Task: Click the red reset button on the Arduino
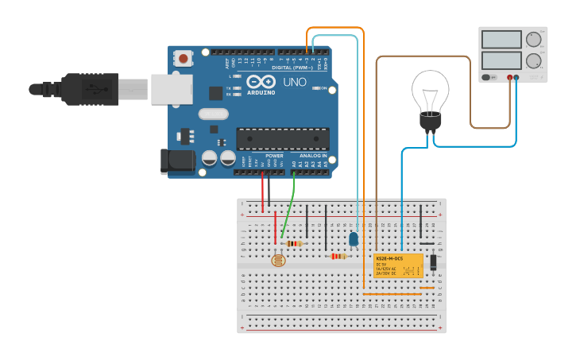(184, 58)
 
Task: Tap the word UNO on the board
(295, 82)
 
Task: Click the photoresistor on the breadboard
(278, 260)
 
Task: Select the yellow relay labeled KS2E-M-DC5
(398, 265)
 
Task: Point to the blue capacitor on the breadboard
(354, 238)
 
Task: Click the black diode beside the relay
(433, 262)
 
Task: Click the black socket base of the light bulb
(430, 122)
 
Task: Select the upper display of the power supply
(501, 40)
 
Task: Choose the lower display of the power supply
(501, 60)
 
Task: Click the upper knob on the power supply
(533, 39)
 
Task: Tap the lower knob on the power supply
(533, 60)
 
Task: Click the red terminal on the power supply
(509, 78)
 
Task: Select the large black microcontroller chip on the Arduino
(282, 138)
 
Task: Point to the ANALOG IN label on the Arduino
(311, 156)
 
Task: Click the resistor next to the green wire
(295, 243)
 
